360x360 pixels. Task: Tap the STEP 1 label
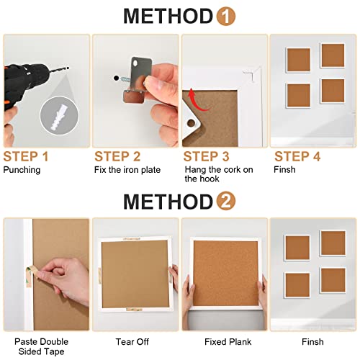pyautogui.click(x=26, y=156)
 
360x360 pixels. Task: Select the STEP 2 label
pyautogui.click(x=117, y=156)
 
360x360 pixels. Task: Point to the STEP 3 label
pyautogui.click(x=207, y=156)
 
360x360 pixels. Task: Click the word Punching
pyautogui.click(x=22, y=170)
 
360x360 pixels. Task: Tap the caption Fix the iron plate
pyautogui.click(x=127, y=170)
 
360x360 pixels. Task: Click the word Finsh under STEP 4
pyautogui.click(x=284, y=170)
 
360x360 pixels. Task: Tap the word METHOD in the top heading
pyautogui.click(x=162, y=17)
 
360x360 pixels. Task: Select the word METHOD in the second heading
pyautogui.click(x=162, y=201)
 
